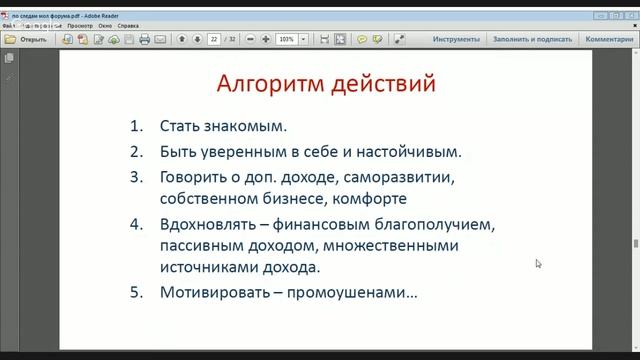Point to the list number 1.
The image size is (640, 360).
point(138,127)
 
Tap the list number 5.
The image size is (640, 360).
point(138,293)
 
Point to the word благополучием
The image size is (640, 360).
point(431,225)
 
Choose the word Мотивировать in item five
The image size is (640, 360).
point(216,293)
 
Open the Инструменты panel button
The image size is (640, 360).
point(457,39)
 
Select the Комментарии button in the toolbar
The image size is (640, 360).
point(609,39)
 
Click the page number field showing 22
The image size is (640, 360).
point(214,39)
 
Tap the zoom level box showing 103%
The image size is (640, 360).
point(287,39)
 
